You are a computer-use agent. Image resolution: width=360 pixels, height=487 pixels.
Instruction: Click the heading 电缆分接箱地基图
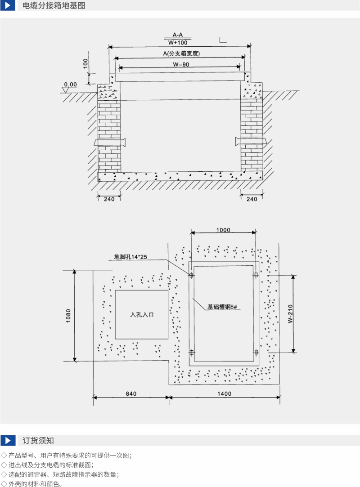pos(54,5)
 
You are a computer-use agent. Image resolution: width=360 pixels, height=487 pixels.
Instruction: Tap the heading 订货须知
pos(38,440)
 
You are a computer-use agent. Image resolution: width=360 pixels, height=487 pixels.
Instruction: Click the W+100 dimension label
pos(178,43)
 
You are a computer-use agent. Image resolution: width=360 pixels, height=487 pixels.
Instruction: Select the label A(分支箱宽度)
pos(181,54)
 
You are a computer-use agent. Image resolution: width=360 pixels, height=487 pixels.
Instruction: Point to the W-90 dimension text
pos(181,64)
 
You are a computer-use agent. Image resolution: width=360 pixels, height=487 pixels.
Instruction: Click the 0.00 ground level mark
pos(71,84)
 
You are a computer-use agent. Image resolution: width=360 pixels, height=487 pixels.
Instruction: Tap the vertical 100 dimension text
pos(85,63)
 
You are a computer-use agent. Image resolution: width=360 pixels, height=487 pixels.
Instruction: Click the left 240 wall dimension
pos(109,199)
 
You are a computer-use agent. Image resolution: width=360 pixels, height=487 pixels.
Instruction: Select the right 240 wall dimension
pos(252,199)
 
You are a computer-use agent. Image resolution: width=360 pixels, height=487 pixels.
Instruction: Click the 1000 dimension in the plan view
pos(223,230)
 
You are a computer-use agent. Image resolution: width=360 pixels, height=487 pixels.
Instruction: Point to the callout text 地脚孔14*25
pos(130,257)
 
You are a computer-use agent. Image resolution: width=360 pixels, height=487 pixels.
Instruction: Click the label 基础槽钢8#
pos(222,307)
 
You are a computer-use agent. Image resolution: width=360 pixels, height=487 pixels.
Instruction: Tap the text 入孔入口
pos(142,315)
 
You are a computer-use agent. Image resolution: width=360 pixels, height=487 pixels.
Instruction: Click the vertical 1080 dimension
pos(68,316)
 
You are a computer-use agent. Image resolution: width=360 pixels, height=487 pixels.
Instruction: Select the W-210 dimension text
pos(290,314)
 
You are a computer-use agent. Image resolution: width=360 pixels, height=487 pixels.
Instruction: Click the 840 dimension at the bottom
pos(131,393)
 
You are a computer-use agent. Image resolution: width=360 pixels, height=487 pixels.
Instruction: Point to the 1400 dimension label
pos(225,393)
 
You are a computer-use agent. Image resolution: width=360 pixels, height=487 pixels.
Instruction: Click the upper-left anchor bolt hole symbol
pos(191,275)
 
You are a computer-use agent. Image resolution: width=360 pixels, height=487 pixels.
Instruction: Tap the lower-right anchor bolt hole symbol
pos(256,352)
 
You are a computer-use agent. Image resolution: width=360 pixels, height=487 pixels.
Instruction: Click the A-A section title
pos(178,35)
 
